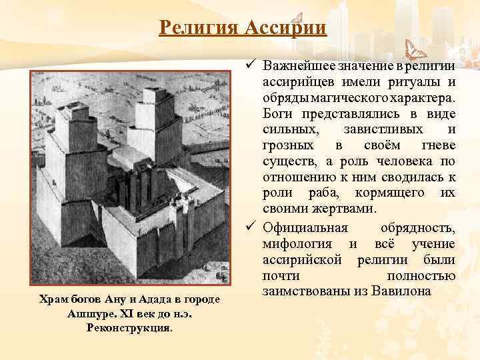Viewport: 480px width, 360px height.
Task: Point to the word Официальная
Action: pos(302,229)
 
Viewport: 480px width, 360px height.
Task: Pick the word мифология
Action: pos(296,244)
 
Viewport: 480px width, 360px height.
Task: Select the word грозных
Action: pos(286,145)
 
